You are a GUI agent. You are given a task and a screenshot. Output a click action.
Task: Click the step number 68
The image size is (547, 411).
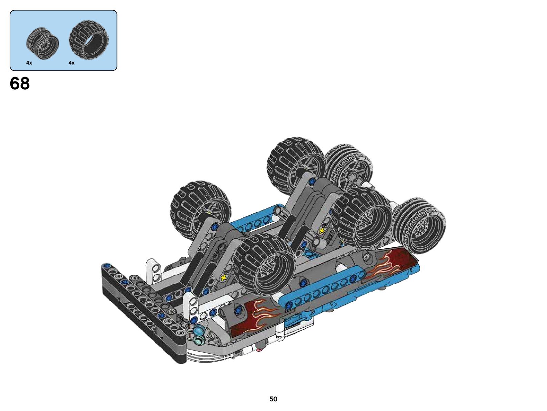click(20, 83)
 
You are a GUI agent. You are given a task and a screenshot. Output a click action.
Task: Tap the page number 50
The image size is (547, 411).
click(273, 399)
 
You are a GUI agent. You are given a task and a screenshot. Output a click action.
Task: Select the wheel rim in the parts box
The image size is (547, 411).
click(43, 42)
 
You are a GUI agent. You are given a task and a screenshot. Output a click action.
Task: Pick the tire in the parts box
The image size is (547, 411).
click(89, 40)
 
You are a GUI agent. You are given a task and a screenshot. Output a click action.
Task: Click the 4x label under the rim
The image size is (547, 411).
click(29, 62)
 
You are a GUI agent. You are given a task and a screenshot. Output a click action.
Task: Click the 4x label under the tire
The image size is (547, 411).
click(72, 62)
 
